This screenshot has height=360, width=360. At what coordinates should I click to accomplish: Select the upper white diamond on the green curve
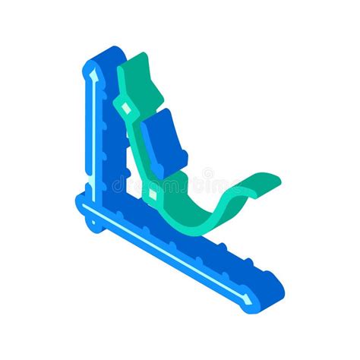pos(127,109)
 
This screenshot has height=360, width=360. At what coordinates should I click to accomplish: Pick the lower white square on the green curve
pos(153,195)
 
